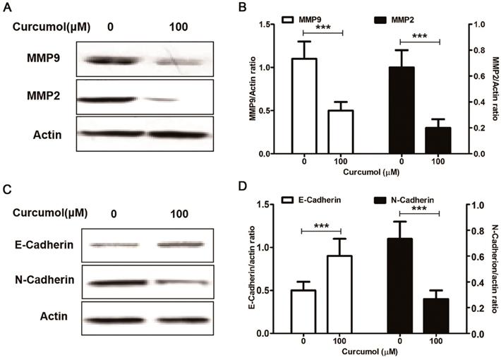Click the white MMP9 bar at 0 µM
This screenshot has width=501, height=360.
303,107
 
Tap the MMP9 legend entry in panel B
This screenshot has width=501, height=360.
308,17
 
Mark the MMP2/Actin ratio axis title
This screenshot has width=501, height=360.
494,89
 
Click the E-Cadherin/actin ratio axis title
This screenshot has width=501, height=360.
252,269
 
